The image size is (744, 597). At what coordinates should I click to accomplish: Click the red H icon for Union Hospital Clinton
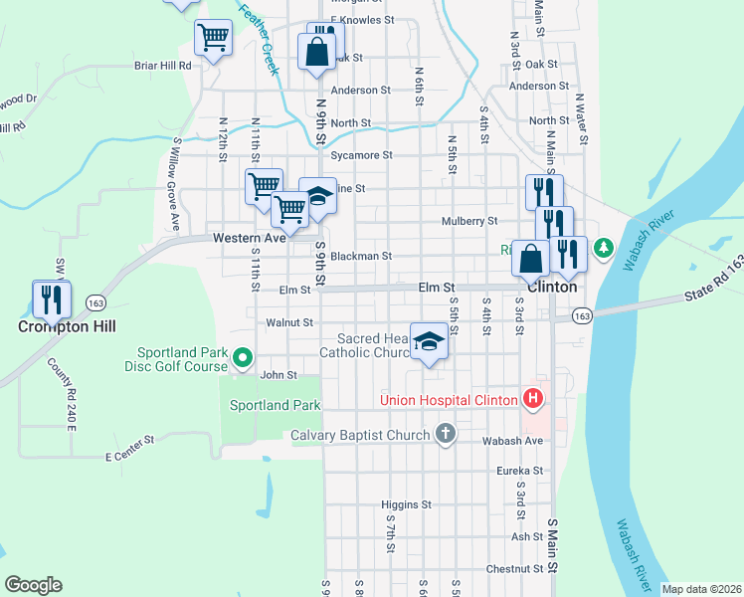click(533, 400)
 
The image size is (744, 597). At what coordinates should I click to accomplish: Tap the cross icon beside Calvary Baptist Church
click(446, 434)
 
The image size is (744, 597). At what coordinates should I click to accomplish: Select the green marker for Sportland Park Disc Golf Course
click(241, 356)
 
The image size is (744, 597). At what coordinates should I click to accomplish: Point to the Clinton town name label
click(552, 286)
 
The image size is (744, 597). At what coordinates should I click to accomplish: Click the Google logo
click(33, 585)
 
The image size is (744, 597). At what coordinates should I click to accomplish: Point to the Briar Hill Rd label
click(162, 66)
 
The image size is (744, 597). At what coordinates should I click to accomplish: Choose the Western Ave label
click(249, 238)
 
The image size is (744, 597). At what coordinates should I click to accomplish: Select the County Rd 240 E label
click(61, 392)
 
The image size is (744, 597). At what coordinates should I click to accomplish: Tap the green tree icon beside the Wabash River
click(603, 252)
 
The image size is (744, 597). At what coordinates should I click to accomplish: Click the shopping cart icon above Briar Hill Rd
click(213, 39)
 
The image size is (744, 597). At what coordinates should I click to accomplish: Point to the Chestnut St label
click(515, 569)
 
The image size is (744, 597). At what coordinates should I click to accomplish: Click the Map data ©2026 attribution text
click(701, 589)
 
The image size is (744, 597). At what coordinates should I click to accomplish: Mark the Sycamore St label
click(361, 155)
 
